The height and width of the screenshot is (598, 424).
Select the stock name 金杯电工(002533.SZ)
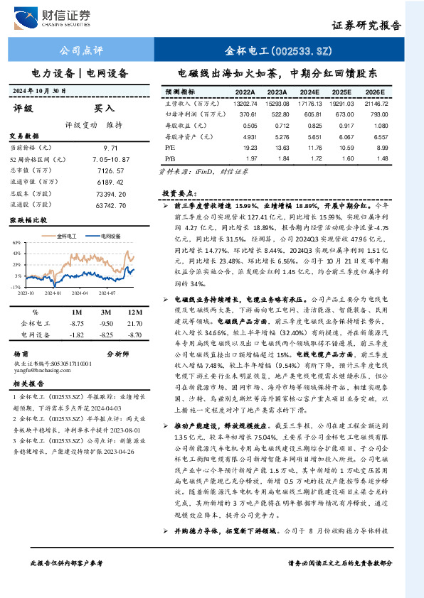pyautogui.click(x=278, y=51)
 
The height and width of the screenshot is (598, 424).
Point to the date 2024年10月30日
pyautogui.click(x=50, y=90)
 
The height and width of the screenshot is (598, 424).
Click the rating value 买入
pyautogui.click(x=104, y=109)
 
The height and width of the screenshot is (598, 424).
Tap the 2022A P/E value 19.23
pyautogui.click(x=245, y=148)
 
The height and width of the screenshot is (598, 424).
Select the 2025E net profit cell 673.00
pyautogui.click(x=344, y=114)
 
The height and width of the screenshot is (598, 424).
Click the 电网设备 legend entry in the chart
pyautogui.click(x=108, y=234)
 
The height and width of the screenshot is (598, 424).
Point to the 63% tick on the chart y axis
pyautogui.click(x=16, y=243)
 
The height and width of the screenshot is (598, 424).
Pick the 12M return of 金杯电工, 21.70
pyautogui.click(x=132, y=323)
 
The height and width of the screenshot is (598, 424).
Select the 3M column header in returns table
pyautogui.click(x=105, y=312)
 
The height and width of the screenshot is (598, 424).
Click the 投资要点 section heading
pyautogui.click(x=179, y=193)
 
